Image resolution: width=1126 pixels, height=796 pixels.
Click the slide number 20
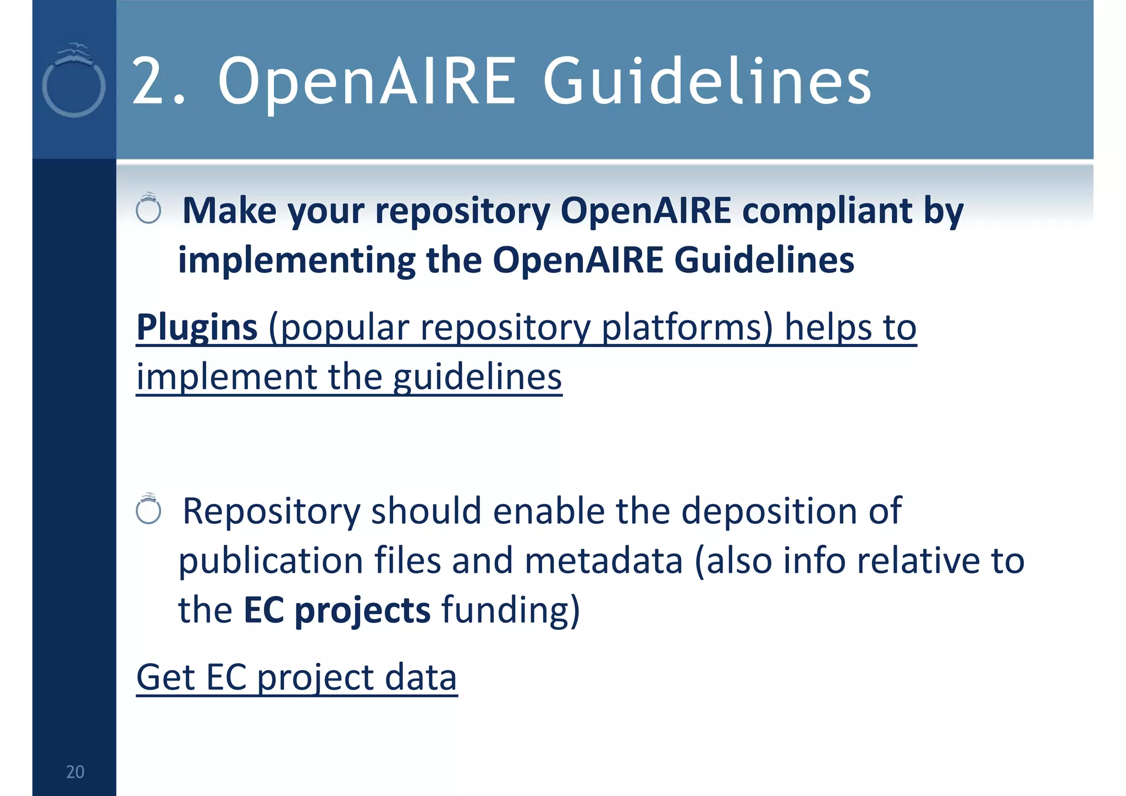coord(75,772)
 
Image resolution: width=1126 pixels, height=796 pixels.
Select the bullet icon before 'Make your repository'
coord(148,209)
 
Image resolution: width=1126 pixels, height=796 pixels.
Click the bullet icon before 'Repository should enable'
coord(148,510)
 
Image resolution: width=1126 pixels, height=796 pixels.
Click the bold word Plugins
coord(197,327)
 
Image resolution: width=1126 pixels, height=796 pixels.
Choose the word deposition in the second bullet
coord(769,511)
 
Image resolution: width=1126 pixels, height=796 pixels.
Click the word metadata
coord(604,561)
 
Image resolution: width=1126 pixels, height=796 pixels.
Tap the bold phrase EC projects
coord(336,610)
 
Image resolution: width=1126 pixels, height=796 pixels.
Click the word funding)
coord(511,610)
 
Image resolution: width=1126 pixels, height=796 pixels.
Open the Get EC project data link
coord(297,677)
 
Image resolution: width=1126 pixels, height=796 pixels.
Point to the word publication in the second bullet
coord(271,561)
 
